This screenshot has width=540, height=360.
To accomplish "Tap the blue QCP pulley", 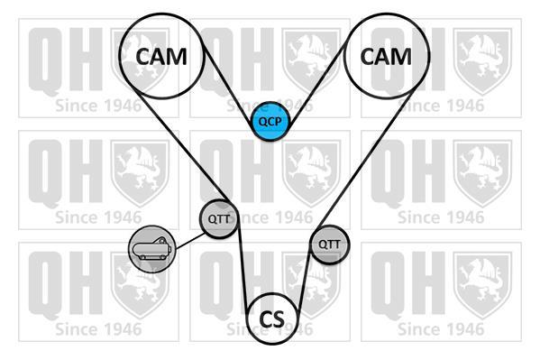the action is pos(270,122).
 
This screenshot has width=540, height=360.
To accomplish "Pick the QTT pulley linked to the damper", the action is pos(219,218).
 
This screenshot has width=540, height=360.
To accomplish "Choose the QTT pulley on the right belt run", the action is pos(329,245).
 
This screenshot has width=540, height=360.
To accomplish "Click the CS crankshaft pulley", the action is pos(272,318).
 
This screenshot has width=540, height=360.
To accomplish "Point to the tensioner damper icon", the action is pos(151,249).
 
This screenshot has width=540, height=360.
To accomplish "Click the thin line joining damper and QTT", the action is pos(189,241).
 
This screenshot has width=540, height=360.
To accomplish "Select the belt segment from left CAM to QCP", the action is pos(228,86).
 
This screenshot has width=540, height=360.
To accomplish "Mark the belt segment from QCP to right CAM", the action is pos(316,86).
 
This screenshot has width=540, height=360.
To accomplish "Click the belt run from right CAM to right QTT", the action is pos(364,160).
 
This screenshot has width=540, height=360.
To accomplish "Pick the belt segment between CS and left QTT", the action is pos(243,269).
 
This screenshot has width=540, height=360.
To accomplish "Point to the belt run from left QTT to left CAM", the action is pos(182,145).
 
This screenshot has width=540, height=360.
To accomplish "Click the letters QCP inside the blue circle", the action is pos(270,122).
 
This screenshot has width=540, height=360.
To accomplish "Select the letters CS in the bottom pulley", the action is pos(272,319).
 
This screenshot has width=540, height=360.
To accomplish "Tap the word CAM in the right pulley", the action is pos(386,57).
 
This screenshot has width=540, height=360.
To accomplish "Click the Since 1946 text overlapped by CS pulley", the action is pos(270,329).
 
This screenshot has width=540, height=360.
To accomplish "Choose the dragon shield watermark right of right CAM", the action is pos(482,61).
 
